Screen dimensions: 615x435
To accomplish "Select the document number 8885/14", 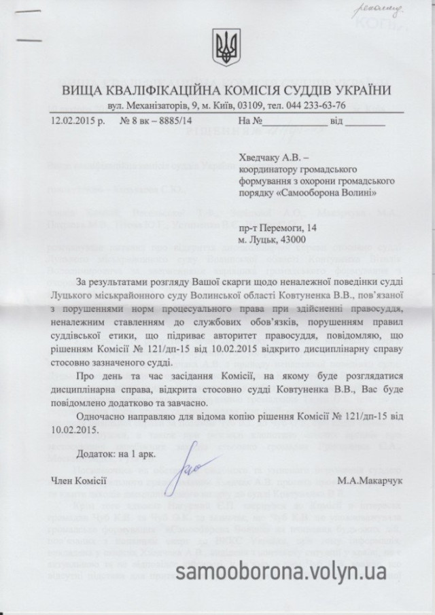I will (x=164, y=123).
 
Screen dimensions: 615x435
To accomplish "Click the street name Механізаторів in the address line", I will (x=163, y=107).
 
